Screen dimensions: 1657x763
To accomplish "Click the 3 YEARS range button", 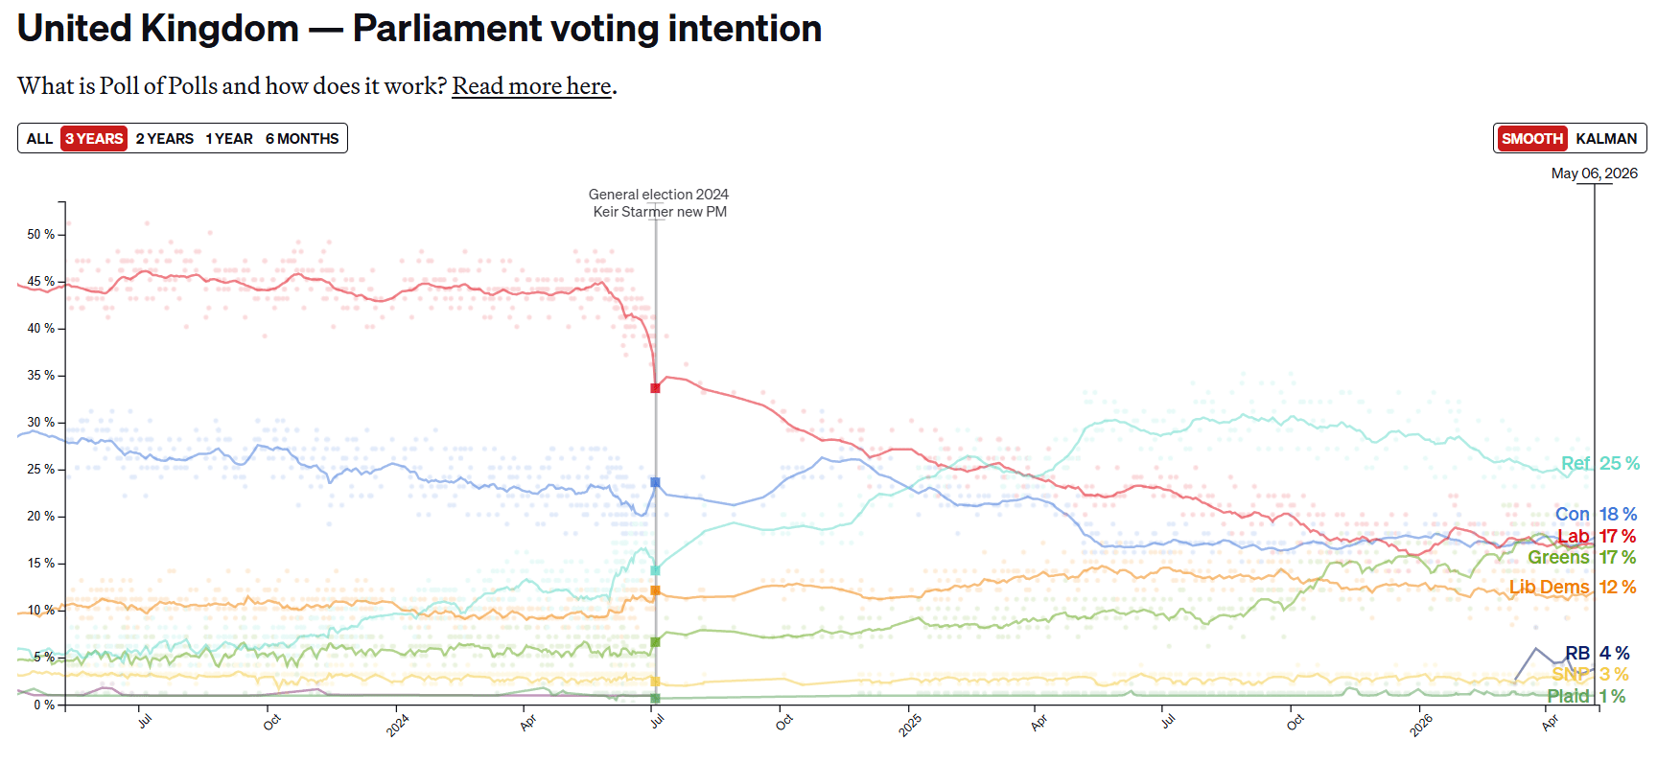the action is [94, 138].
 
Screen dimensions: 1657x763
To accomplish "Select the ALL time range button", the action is [39, 138].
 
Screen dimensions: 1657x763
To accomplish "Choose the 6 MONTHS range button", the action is [302, 138].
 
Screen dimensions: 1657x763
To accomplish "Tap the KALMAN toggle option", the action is [1606, 138].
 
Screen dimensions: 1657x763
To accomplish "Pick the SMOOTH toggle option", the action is [1532, 138].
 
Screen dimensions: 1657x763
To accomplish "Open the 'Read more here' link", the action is [532, 86].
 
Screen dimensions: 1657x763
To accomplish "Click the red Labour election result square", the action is [655, 388].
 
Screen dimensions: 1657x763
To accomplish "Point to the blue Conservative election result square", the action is [655, 482].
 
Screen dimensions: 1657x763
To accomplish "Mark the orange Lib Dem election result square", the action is [655, 590].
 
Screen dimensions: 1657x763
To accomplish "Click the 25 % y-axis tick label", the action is [40, 469].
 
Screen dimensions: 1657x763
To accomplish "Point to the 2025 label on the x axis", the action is [910, 725].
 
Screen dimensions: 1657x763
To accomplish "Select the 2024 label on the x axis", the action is [398, 725].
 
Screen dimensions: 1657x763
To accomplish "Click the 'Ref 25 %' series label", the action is [1599, 463].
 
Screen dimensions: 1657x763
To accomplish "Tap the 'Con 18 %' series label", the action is [1596, 514].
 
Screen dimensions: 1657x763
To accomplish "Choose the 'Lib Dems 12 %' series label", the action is [1573, 587].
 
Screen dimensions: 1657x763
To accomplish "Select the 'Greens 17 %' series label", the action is [1582, 557].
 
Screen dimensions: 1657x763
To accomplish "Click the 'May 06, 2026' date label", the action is [1595, 173].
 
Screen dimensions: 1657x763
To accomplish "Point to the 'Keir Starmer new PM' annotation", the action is [660, 212].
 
